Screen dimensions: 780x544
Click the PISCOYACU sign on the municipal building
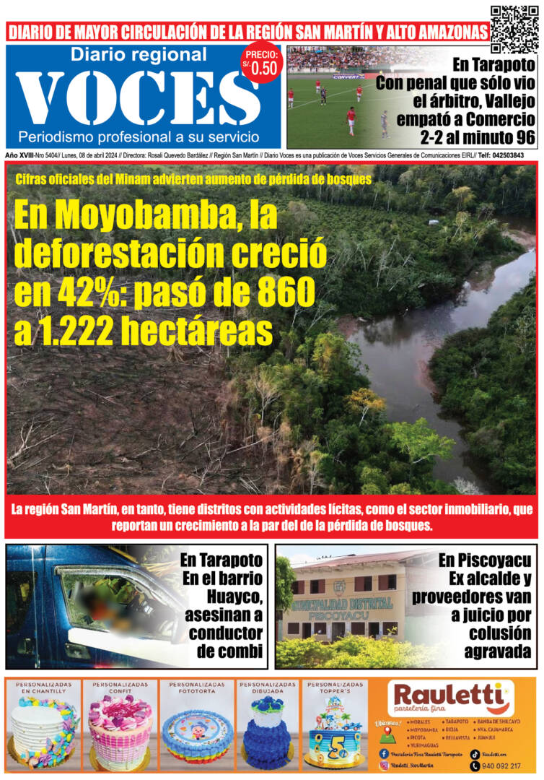point(338,616)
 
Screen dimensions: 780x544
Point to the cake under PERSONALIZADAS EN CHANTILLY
point(43,733)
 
